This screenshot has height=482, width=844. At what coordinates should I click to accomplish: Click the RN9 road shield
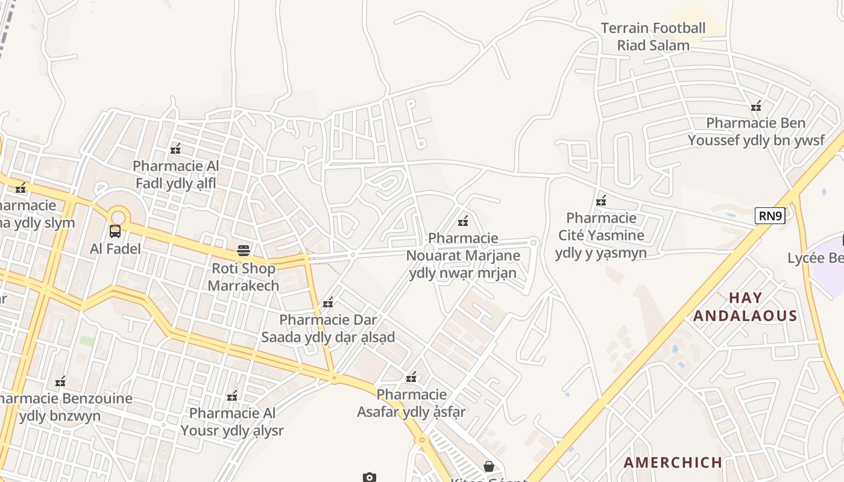click(770, 216)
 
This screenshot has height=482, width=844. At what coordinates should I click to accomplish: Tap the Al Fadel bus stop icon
click(115, 231)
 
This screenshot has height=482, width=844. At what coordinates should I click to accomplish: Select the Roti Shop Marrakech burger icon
click(244, 250)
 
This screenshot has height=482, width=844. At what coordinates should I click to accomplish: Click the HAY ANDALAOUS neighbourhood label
click(745, 307)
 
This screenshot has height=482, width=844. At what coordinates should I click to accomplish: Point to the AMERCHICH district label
click(673, 463)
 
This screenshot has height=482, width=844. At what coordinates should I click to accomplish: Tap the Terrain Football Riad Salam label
click(653, 37)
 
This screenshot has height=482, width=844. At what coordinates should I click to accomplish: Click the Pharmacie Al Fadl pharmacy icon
click(175, 148)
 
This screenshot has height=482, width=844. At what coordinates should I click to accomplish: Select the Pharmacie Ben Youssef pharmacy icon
click(756, 106)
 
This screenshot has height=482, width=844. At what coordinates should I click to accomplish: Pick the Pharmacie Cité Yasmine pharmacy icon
click(601, 200)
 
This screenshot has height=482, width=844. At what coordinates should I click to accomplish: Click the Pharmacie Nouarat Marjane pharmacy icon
click(463, 221)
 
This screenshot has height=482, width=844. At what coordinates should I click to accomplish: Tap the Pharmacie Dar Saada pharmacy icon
click(328, 302)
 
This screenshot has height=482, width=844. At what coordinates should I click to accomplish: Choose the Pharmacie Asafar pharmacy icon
click(411, 378)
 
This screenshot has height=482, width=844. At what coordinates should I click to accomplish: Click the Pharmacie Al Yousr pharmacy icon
click(232, 396)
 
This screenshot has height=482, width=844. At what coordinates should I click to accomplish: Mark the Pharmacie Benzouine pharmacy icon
click(60, 381)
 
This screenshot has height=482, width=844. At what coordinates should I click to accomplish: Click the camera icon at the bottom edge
click(370, 477)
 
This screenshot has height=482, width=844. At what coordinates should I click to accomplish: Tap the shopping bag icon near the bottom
click(489, 466)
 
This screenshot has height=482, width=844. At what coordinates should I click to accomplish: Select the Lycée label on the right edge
click(815, 258)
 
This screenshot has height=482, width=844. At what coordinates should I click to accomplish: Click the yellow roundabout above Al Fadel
click(119, 216)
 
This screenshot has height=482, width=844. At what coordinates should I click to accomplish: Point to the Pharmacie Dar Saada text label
click(328, 328)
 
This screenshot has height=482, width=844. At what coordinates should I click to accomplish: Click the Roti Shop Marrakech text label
click(244, 277)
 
